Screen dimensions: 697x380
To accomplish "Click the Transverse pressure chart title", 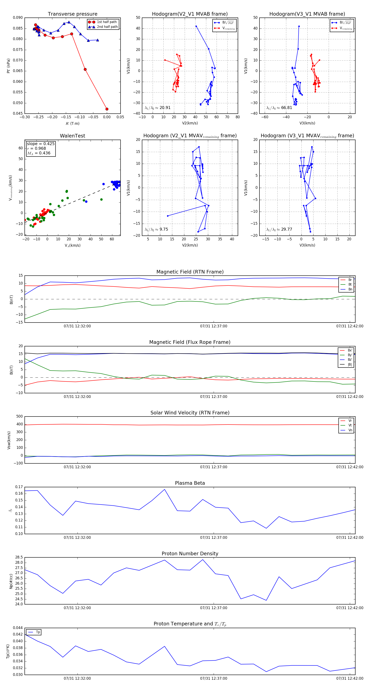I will click(72, 14).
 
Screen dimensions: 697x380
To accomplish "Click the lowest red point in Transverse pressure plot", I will click(107, 109).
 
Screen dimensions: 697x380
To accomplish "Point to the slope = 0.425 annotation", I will click(41, 144).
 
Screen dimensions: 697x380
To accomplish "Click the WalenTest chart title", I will click(72, 136).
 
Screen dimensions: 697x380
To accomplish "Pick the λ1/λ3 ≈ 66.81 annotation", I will click(279, 108).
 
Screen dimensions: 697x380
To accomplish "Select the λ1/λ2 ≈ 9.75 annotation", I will click(156, 229).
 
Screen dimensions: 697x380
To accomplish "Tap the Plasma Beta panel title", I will click(190, 483).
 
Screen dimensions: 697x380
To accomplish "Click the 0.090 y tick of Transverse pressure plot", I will click(18, 18).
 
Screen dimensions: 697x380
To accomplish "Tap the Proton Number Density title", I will click(190, 554).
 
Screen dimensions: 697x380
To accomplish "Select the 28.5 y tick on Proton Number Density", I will click(19, 557).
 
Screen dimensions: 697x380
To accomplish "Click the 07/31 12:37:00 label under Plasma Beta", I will click(213, 537).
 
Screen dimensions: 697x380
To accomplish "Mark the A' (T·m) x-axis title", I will click(72, 123).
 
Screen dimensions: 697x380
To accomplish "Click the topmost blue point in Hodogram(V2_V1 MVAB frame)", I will click(196, 26).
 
